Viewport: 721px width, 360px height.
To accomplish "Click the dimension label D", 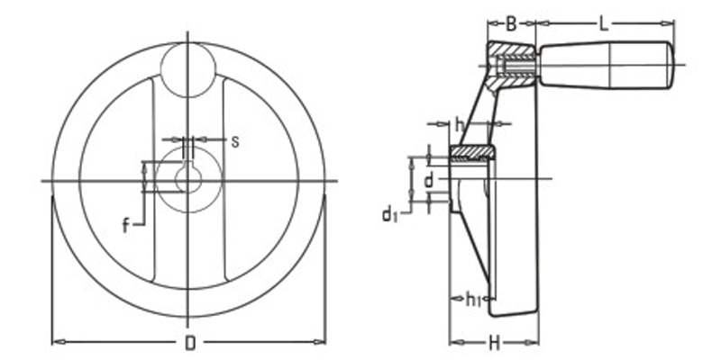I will tap(189, 342).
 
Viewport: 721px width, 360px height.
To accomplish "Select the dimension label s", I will tap(234, 140).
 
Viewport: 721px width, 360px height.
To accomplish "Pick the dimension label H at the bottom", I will tap(494, 342).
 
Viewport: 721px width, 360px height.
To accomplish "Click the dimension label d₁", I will tap(388, 213).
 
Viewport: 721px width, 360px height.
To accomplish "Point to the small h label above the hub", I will tap(459, 123).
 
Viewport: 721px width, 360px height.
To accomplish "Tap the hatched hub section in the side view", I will tap(470, 153).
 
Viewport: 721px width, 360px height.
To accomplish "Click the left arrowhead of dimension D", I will tap(57, 342).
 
